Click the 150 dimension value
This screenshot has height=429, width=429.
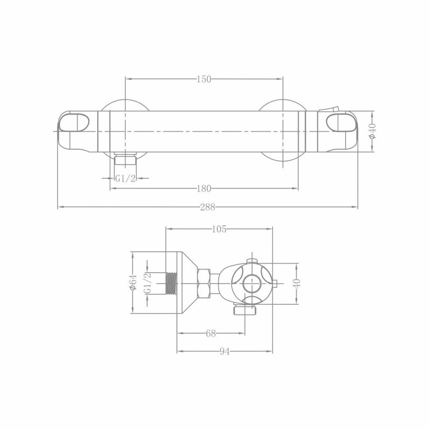click(x=204, y=79)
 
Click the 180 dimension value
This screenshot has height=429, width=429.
click(x=204, y=189)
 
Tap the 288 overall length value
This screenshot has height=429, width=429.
click(x=208, y=207)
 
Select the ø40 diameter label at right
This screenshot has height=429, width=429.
click(x=373, y=131)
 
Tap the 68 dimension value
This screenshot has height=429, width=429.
click(x=211, y=334)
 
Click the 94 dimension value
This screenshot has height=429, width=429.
click(x=224, y=352)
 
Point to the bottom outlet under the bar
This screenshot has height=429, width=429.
click(x=126, y=160)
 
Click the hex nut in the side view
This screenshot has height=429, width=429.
click(x=203, y=282)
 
